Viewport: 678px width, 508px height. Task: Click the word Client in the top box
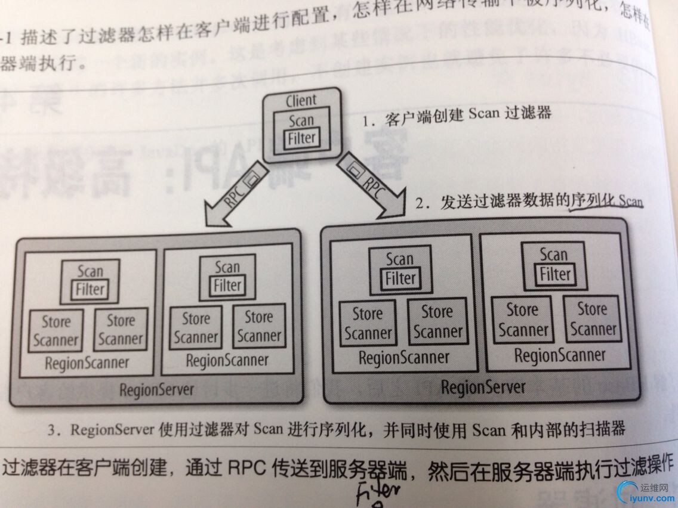click(301, 101)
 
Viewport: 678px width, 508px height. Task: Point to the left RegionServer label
click(157, 389)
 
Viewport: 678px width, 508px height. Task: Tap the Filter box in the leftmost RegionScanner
click(90, 290)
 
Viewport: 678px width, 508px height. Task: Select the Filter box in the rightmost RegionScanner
click(555, 274)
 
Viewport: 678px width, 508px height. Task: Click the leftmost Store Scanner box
click(56, 331)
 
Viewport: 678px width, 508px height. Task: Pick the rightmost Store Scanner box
click(593, 319)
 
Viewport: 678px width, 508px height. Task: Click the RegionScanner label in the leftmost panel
click(87, 363)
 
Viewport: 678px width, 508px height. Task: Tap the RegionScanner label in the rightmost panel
click(559, 356)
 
